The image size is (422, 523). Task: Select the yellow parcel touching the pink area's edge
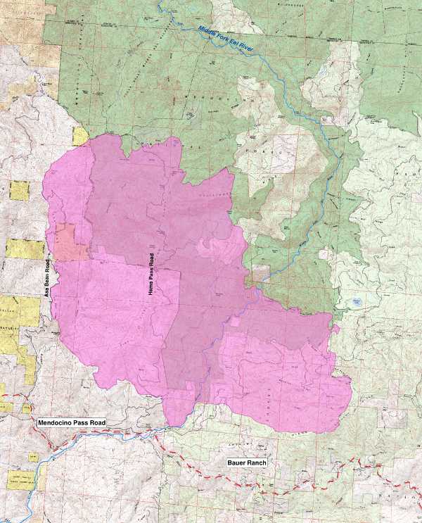click(80, 135)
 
